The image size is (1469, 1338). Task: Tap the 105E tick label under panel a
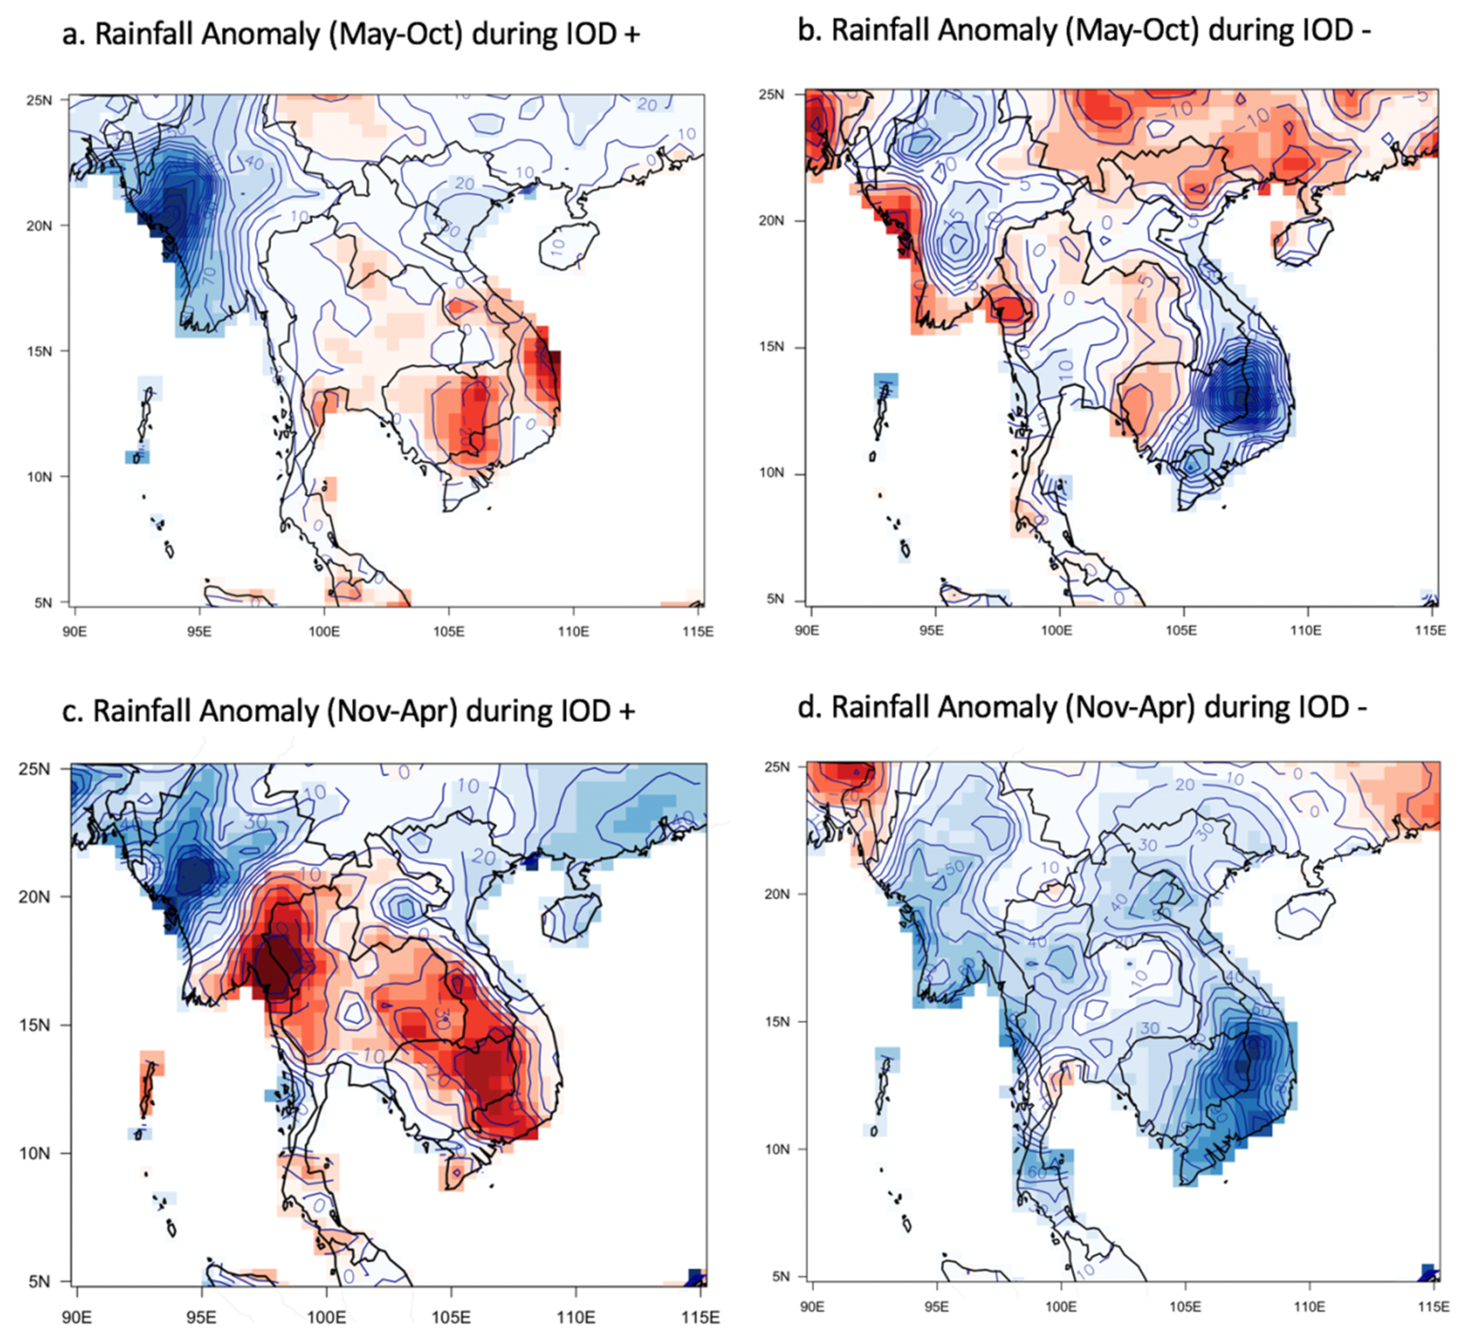click(448, 631)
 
